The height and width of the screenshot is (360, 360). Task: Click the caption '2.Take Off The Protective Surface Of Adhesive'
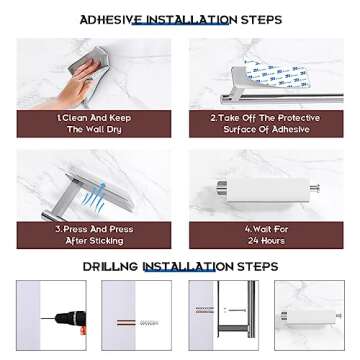coord(266,123)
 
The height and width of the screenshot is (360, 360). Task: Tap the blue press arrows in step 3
coord(94,200)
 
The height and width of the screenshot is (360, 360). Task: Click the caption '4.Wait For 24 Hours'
coord(266,235)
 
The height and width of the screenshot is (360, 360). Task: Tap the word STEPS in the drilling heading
coord(258,267)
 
